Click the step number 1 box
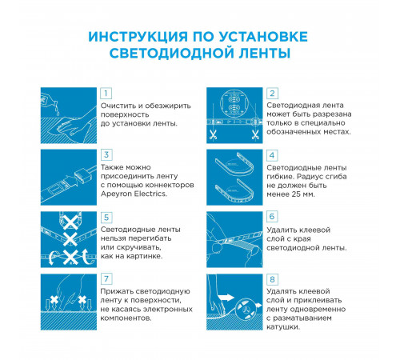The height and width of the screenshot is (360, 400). coord(106,94)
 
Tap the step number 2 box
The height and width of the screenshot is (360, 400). coord(272,94)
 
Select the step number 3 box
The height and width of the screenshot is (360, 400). coord(106,155)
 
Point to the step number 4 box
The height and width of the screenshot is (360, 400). coord(272,155)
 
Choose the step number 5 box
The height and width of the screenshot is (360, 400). coord(106,217)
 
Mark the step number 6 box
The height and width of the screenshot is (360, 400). coord(272,217)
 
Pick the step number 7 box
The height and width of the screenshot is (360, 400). coord(106,278)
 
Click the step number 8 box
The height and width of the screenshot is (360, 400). coord(272,278)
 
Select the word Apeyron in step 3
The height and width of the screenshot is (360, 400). coord(117,193)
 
